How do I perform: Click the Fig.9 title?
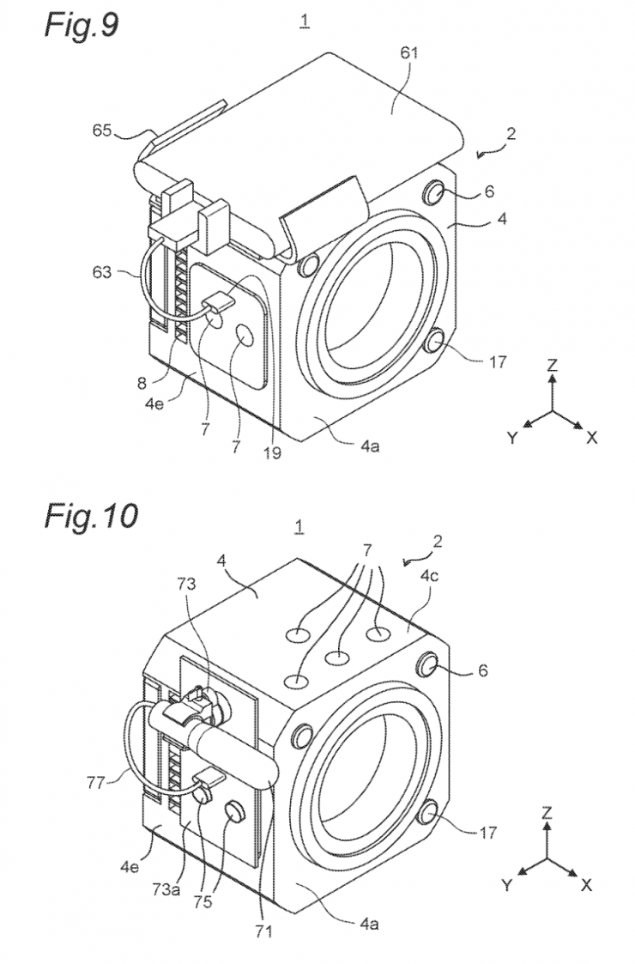click(82, 25)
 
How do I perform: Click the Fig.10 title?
click(91, 516)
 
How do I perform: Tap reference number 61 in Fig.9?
click(408, 53)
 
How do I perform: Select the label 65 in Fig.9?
click(103, 130)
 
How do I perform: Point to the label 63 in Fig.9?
click(102, 271)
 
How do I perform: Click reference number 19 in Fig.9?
click(272, 453)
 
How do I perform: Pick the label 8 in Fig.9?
click(142, 383)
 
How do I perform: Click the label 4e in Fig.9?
click(154, 404)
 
